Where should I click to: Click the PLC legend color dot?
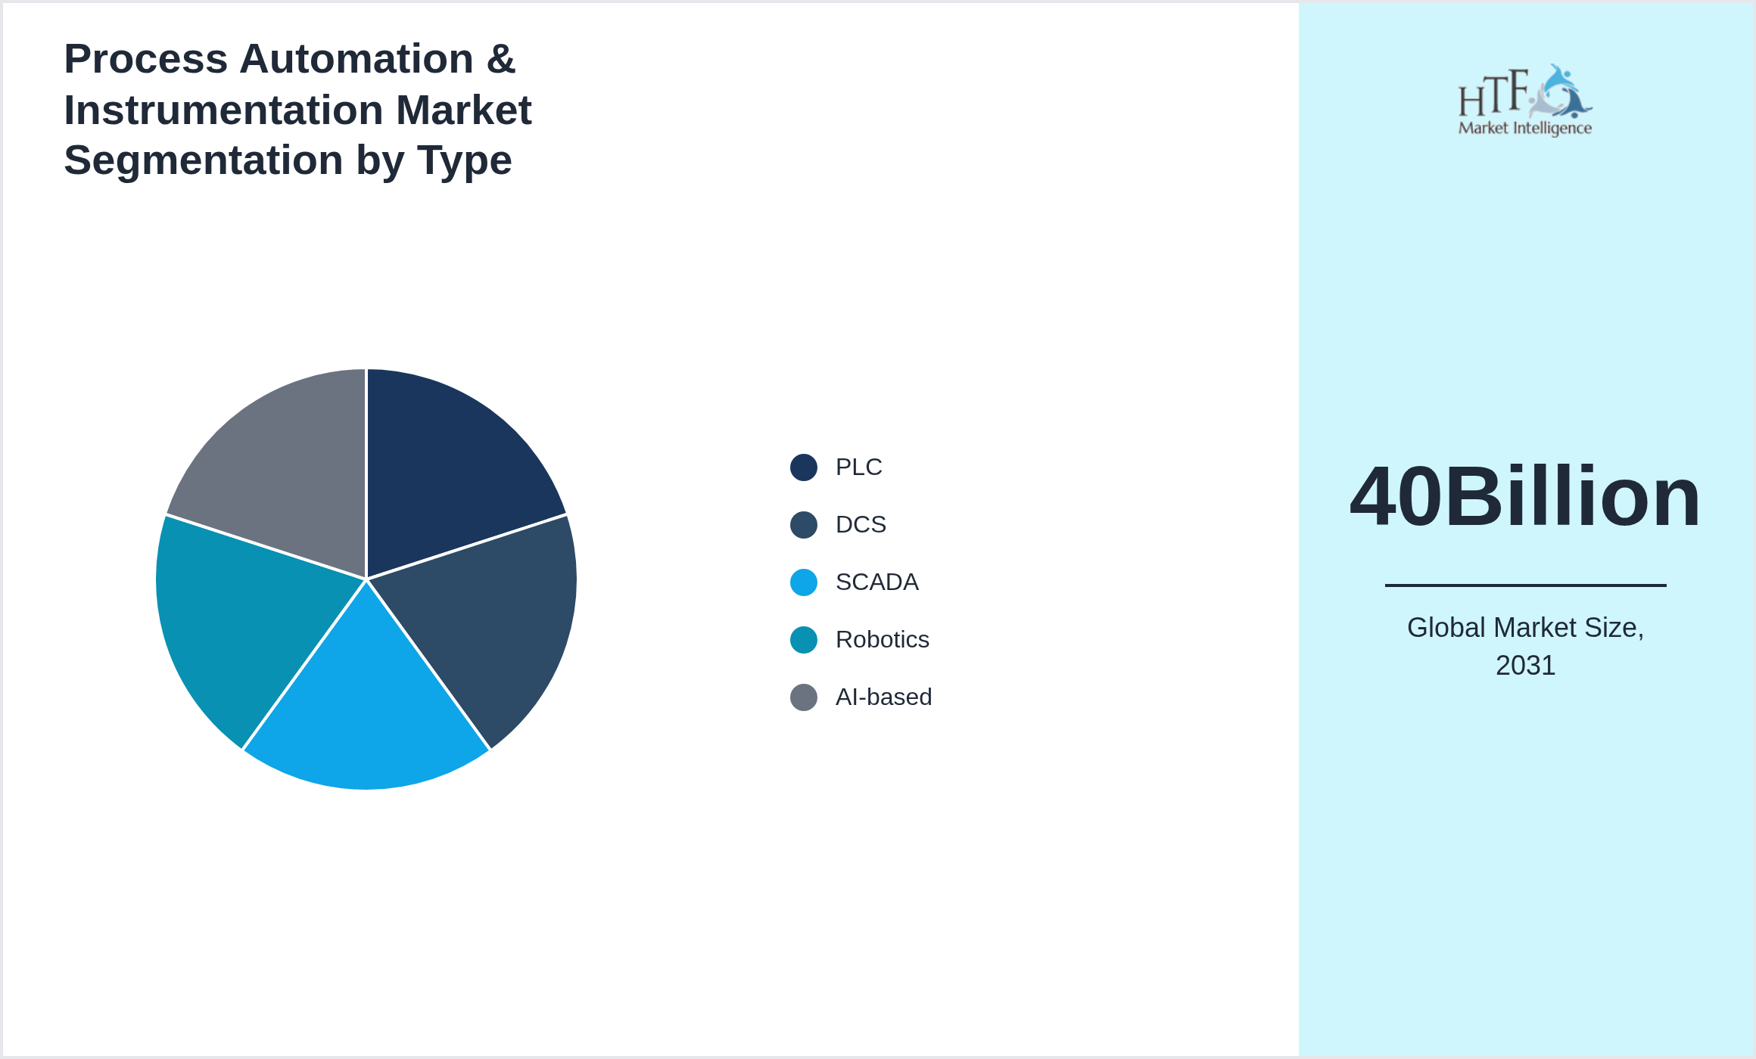(803, 467)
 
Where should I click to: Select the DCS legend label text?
(861, 525)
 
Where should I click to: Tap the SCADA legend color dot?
(803, 582)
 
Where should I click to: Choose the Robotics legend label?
(882, 640)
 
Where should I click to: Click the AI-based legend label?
(883, 697)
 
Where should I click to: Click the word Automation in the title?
(356, 59)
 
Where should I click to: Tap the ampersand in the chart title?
(501, 59)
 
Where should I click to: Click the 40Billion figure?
(1525, 497)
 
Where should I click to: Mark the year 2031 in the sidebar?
(1525, 666)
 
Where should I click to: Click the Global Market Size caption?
(1525, 628)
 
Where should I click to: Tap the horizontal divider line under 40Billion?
(1525, 585)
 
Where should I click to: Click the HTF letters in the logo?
(1493, 94)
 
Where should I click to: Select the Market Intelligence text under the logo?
(1524, 128)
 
